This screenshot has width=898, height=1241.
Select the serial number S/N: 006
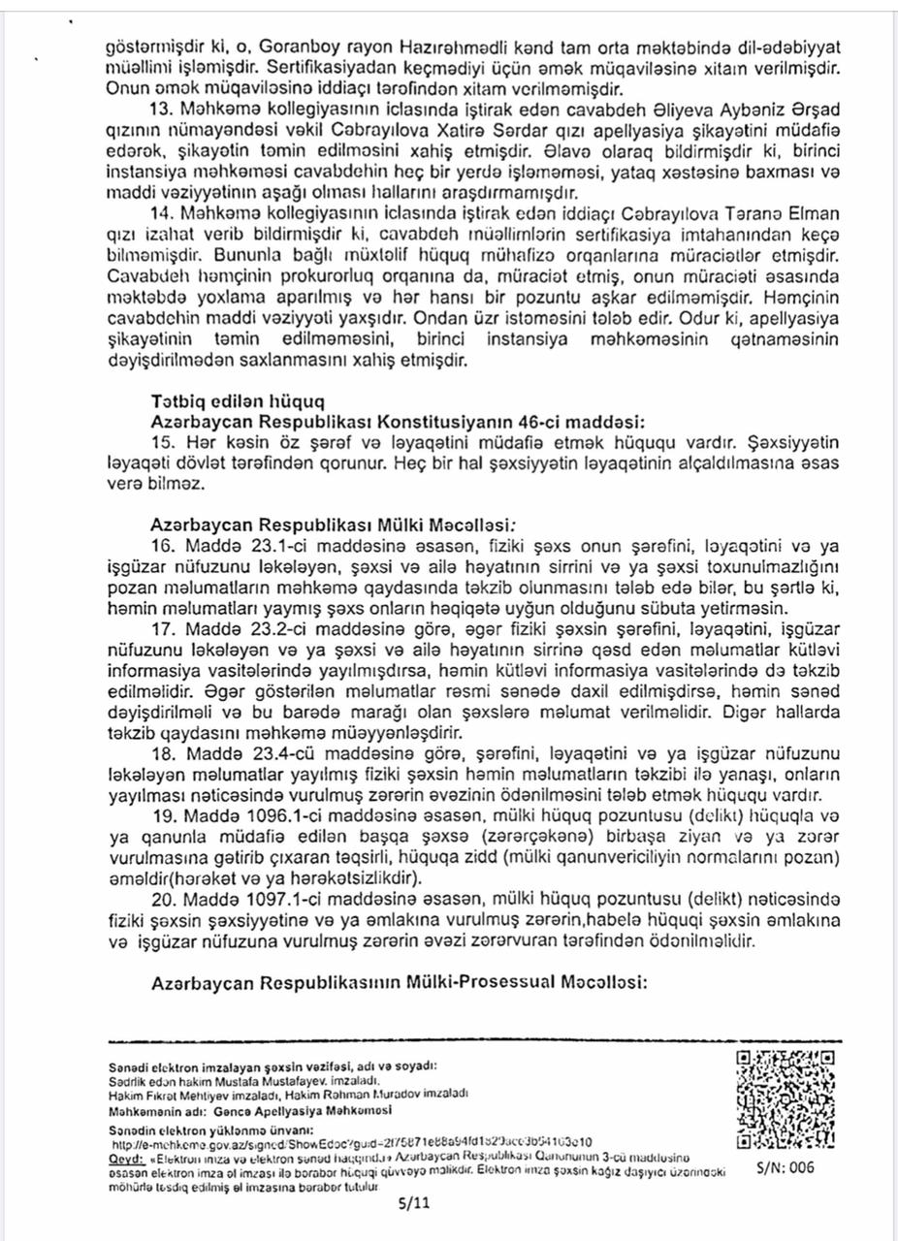coord(786,1168)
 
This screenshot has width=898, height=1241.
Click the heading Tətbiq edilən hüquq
coord(238,400)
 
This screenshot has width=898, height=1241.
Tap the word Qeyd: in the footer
coord(126,1157)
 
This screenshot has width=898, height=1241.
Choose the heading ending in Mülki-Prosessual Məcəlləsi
coord(400,982)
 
